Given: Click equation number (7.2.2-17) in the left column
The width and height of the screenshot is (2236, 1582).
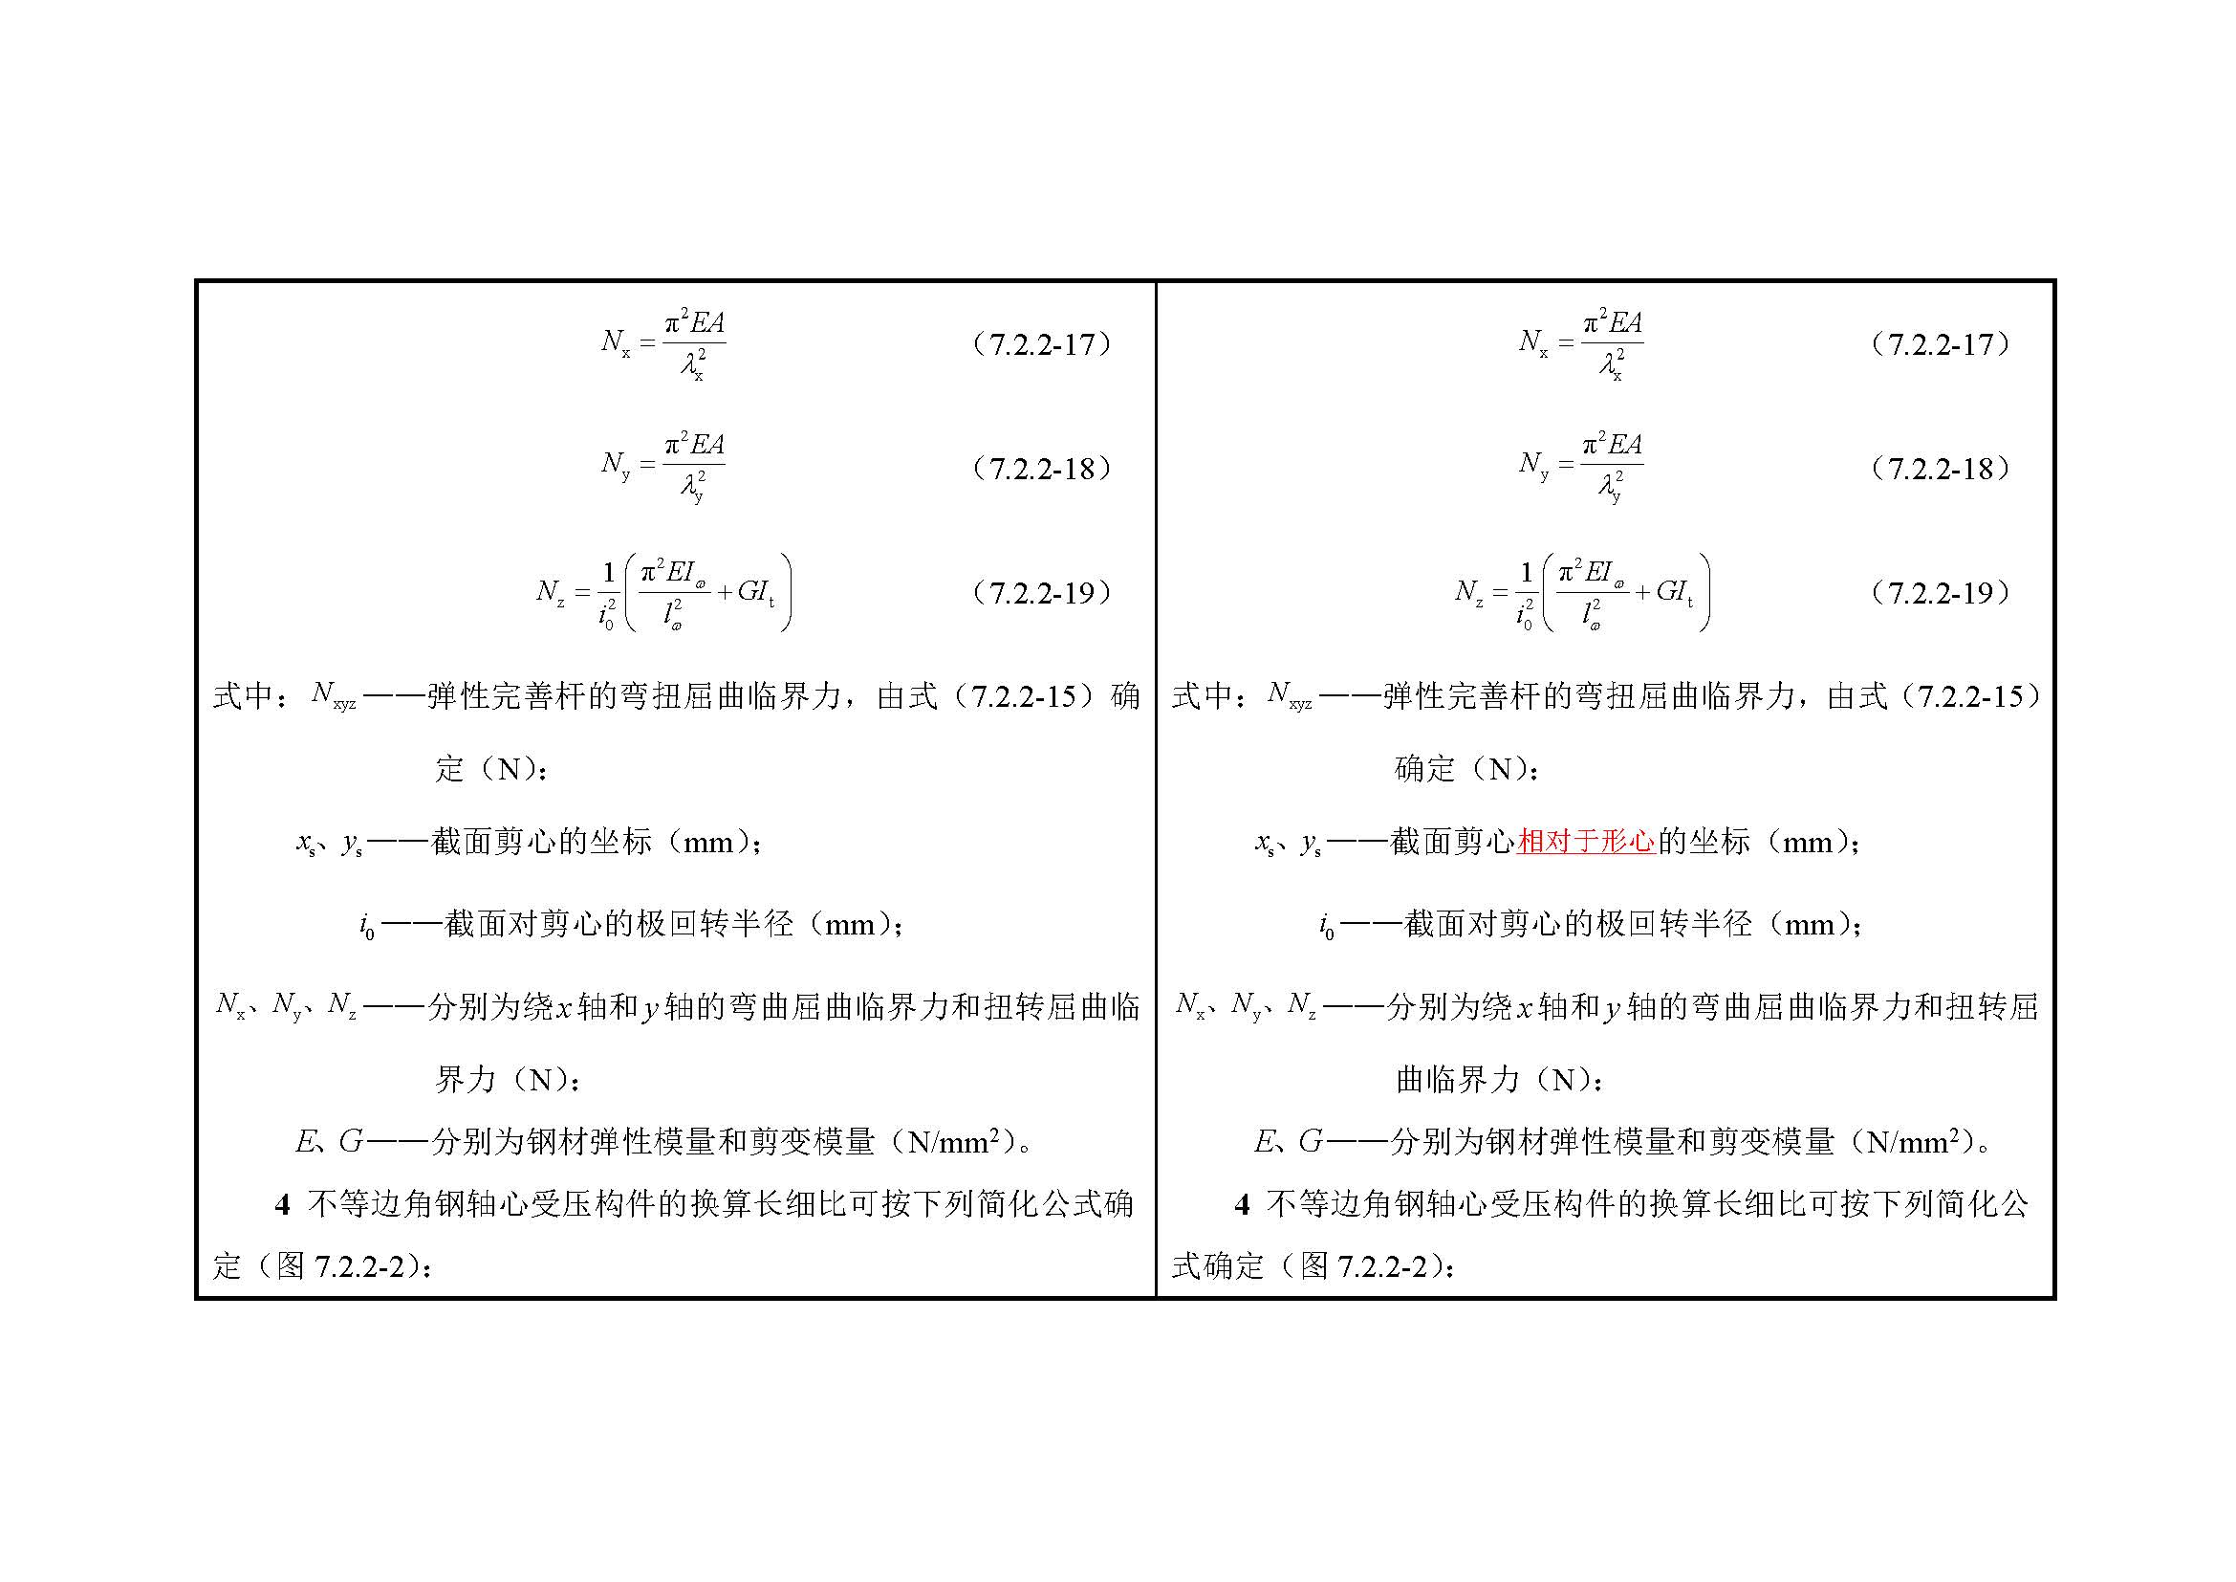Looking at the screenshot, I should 1042,344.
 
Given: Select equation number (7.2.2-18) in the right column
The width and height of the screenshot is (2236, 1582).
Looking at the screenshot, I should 1941,469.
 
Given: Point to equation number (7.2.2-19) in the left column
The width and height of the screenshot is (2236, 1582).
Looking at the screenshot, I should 1042,592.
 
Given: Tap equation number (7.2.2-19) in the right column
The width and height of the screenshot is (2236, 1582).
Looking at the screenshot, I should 1941,592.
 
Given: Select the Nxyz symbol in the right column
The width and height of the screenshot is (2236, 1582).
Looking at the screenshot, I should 1290,695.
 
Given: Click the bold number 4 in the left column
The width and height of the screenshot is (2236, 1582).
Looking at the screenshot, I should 282,1205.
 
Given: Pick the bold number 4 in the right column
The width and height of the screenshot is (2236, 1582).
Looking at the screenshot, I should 1242,1205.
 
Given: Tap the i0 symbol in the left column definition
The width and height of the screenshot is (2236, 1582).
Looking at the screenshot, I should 367,926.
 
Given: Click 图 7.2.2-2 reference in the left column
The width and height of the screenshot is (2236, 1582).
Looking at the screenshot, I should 341,1266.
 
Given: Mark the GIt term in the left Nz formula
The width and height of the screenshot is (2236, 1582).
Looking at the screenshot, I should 756,591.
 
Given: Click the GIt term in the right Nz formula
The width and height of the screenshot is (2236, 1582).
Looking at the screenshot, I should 1674,591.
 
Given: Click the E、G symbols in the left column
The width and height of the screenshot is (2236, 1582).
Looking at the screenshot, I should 329,1141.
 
